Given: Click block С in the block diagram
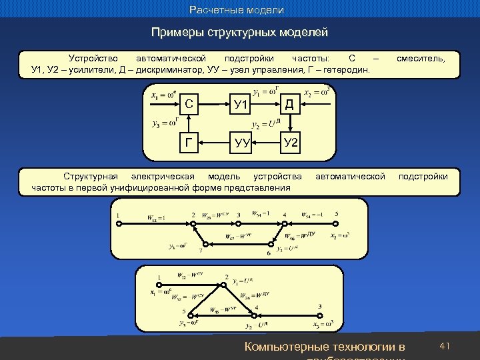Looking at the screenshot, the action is coord(190,104).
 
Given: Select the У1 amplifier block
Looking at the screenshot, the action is coord(241,104).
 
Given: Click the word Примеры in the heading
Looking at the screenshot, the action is coord(175,32).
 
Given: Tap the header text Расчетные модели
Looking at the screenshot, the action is coord(237,10).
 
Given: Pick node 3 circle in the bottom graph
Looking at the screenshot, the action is coord(320,315).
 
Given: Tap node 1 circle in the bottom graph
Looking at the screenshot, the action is coord(159,285).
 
